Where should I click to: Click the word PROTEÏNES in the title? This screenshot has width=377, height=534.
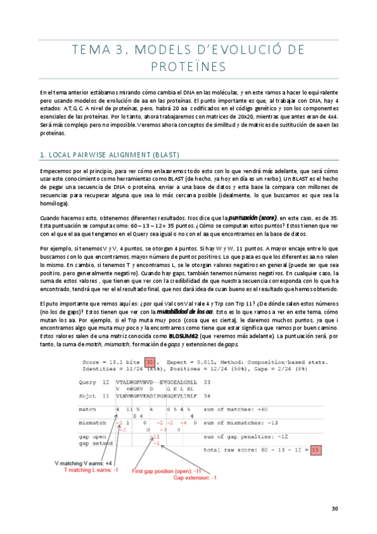tap(188, 66)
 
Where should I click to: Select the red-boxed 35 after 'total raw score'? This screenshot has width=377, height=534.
tap(298, 450)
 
